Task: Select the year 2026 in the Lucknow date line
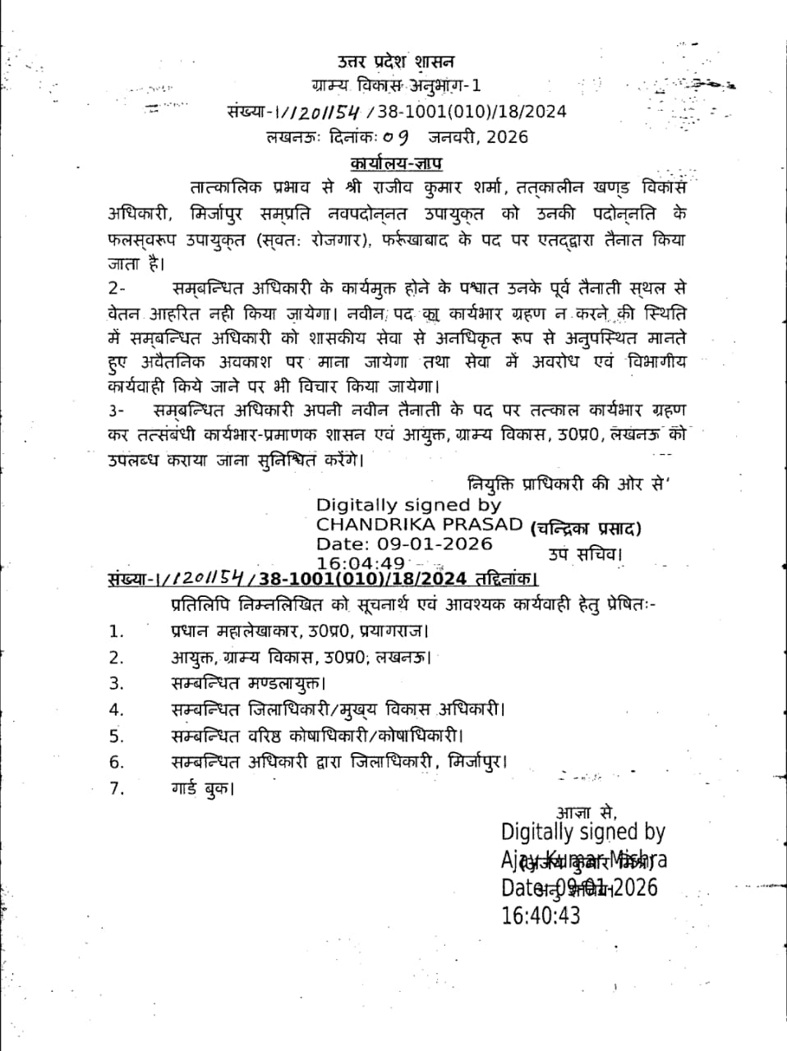[x=507, y=137]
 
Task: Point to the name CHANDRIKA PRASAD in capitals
[x=419, y=525]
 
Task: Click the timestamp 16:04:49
[x=361, y=563]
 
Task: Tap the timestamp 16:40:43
[x=541, y=916]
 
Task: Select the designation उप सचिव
[x=585, y=554]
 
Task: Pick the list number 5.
[x=116, y=736]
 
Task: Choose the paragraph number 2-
[x=117, y=289]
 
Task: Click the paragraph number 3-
[x=117, y=410]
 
